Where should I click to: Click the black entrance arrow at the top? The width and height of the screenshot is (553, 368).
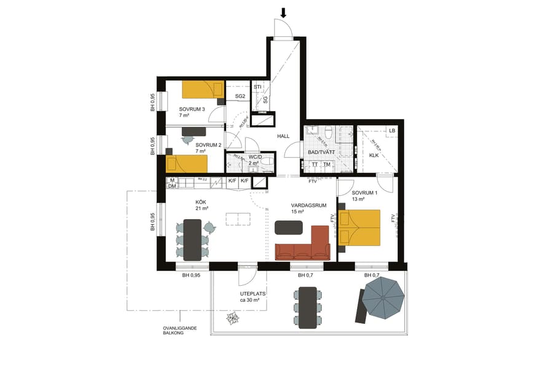(284, 12)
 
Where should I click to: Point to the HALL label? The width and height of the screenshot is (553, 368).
(283, 136)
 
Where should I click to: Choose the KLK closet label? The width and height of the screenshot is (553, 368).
(374, 155)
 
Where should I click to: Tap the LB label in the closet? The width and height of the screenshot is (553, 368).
(391, 131)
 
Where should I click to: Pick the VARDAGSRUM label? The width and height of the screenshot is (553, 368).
(308, 205)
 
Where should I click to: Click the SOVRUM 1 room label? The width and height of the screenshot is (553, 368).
(364, 193)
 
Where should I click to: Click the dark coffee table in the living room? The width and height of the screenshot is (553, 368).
(289, 227)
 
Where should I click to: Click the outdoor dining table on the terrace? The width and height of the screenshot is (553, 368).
(307, 307)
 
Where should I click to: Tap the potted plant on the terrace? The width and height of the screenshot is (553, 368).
(233, 318)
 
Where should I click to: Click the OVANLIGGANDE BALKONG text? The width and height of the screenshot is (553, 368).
(179, 331)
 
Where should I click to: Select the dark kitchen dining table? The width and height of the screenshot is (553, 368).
(192, 239)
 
